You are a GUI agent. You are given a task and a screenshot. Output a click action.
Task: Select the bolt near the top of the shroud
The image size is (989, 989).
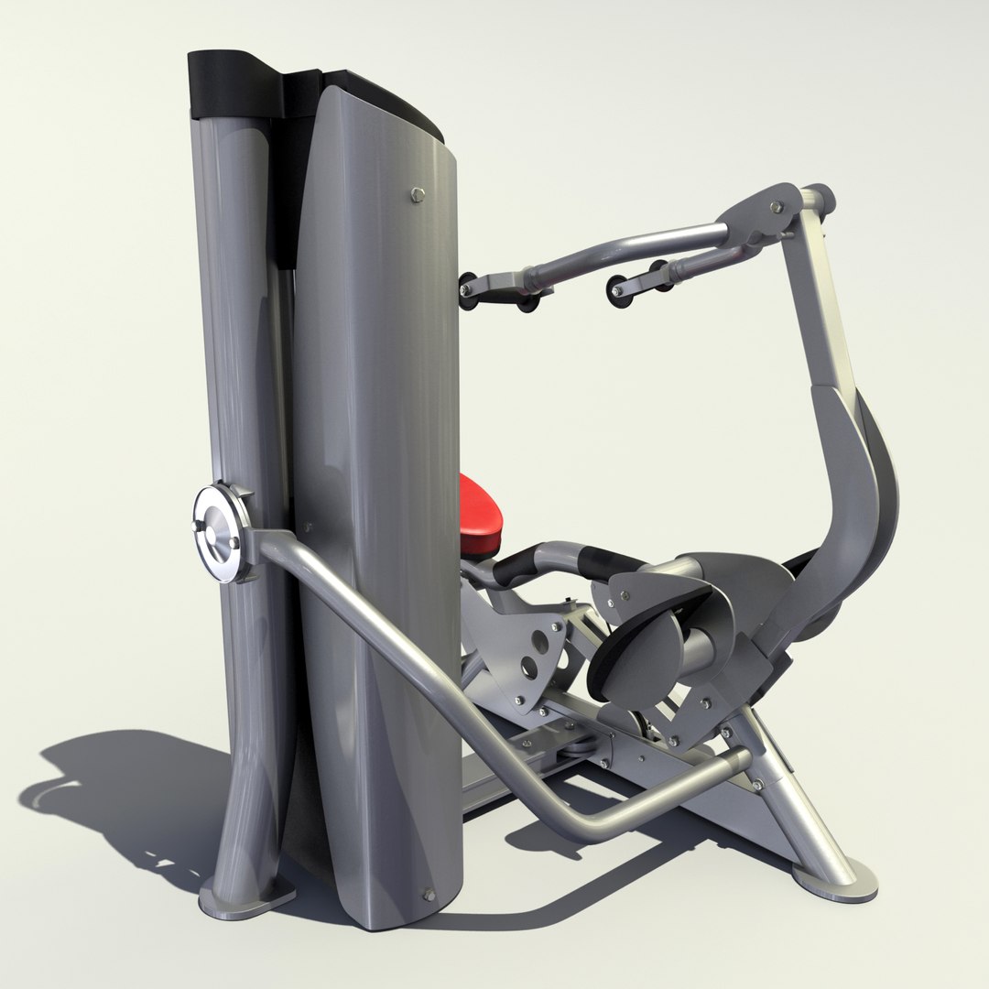pos(418,193)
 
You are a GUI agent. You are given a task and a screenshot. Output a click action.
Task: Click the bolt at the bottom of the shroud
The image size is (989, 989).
pos(428,895)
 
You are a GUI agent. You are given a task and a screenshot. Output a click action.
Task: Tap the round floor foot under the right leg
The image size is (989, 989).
pos(835,880)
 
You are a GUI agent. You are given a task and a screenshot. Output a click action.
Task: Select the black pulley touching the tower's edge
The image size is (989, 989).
pos(467,291)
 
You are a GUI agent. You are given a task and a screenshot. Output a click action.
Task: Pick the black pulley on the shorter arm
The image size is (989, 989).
pos(621,291)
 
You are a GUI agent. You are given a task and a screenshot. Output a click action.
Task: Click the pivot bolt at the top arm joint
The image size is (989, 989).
pos(777,208)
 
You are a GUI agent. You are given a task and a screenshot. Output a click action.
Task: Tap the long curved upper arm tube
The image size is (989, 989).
pos(632,246)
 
